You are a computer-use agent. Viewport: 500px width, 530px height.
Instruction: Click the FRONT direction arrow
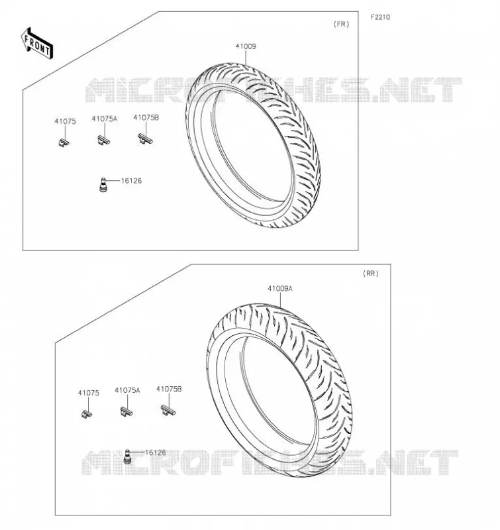pos(37,44)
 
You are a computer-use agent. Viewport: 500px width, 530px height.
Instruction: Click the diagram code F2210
pos(380,17)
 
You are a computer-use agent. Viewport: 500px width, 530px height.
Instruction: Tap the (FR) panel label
pos(341,24)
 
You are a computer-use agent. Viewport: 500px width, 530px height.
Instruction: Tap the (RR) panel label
pos(371,274)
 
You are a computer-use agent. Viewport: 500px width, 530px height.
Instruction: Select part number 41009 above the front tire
pos(246,46)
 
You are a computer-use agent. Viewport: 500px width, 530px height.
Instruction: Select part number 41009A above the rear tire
pos(280,289)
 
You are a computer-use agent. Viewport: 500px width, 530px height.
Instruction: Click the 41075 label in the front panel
pos(65,121)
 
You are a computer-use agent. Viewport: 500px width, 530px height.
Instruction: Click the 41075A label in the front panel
pos(105,119)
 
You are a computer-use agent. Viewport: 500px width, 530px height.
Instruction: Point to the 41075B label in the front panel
pos(146,118)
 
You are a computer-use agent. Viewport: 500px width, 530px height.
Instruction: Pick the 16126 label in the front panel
pos(131,181)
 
